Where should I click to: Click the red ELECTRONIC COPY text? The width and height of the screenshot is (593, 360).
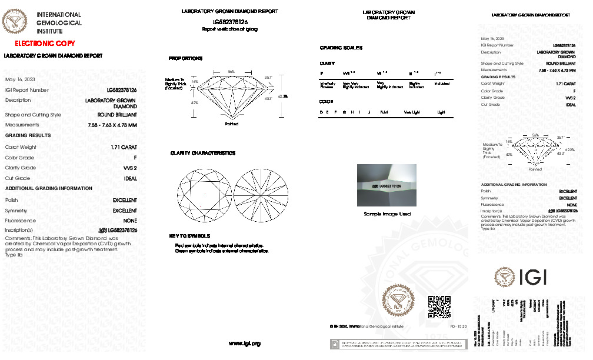coord(41,44)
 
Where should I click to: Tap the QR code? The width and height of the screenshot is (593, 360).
coord(438,306)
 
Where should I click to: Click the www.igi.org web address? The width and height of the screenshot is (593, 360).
coord(244,343)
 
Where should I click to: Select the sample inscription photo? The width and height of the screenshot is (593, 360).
coord(387,185)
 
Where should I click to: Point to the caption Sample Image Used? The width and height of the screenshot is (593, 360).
coord(387,214)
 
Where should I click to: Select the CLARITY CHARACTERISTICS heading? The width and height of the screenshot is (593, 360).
coord(202,153)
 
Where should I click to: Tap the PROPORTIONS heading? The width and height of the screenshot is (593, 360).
coord(185,59)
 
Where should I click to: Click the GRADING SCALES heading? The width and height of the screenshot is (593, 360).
coord(341,48)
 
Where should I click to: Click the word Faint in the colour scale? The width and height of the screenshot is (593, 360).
coord(385,111)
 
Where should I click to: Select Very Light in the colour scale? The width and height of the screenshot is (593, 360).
coord(412,111)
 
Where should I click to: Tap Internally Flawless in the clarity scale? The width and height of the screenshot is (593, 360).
coord(328,85)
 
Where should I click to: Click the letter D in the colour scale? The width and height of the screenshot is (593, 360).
coord(321,111)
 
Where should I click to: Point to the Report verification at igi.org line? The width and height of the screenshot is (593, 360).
coord(229,29)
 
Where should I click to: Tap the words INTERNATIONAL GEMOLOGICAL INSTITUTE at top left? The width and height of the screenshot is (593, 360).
coord(59,22)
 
